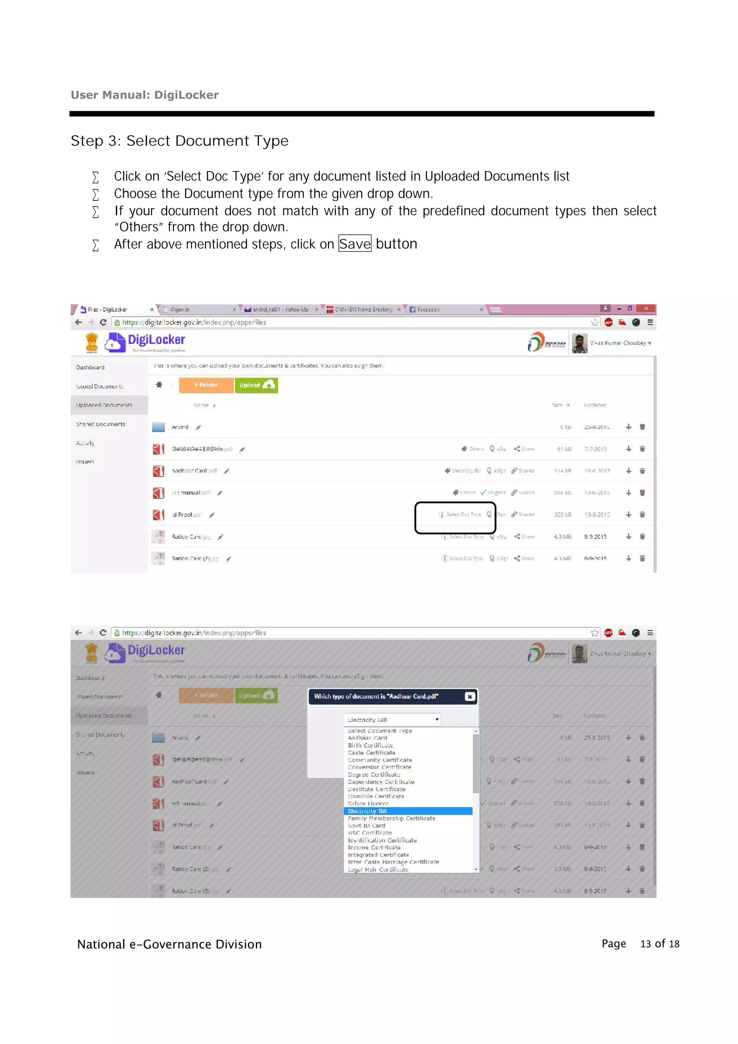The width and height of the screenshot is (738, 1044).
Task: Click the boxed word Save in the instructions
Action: click(x=355, y=244)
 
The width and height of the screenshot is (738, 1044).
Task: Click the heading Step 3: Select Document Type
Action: click(x=179, y=141)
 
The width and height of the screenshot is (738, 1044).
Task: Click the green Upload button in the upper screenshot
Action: click(x=256, y=385)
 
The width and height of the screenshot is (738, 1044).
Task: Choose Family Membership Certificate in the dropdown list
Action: click(x=391, y=818)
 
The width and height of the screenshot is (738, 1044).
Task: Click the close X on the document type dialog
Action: click(x=470, y=696)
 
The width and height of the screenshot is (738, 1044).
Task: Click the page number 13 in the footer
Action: click(x=645, y=944)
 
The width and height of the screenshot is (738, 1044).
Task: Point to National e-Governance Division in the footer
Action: click(x=169, y=945)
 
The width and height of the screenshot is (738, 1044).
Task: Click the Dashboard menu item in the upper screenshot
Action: click(x=90, y=367)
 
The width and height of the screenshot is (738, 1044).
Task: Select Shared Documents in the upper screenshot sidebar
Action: click(x=101, y=424)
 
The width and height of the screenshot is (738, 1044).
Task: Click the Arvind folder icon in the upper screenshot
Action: click(x=159, y=427)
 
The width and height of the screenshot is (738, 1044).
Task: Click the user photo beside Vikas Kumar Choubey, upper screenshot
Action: click(x=579, y=343)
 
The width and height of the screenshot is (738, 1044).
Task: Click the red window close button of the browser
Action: click(x=646, y=308)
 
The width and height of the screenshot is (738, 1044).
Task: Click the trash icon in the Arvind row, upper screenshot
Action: click(x=642, y=427)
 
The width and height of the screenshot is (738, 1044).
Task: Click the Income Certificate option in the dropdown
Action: click(x=374, y=848)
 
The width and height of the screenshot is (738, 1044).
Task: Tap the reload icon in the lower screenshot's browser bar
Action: click(x=103, y=633)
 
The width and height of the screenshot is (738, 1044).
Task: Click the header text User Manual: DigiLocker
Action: click(x=145, y=95)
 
